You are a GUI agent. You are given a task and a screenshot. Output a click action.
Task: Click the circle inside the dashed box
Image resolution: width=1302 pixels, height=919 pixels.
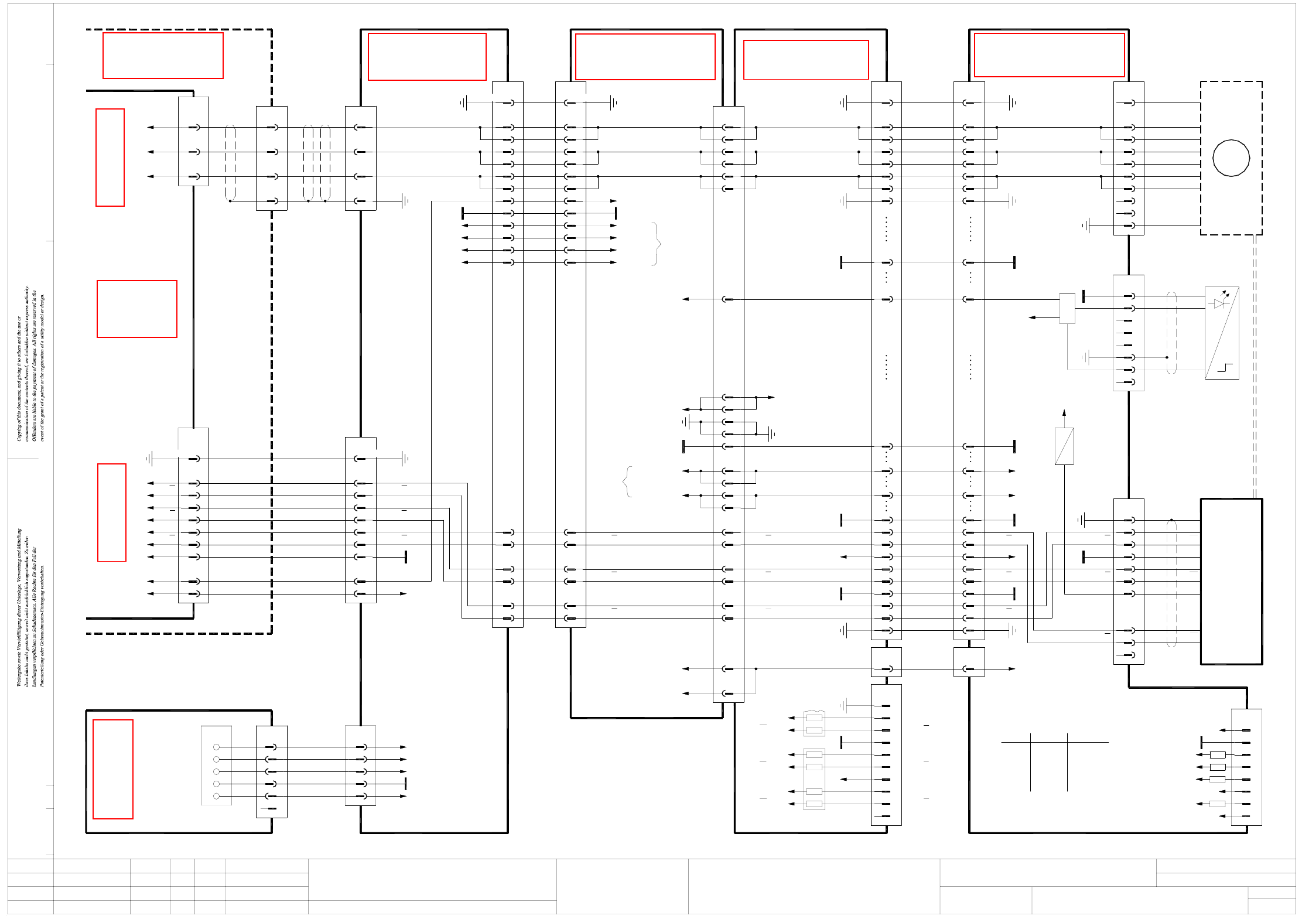pyautogui.click(x=1231, y=158)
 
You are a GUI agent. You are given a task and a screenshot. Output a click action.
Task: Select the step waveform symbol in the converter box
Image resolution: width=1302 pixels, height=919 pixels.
pyautogui.click(x=1225, y=368)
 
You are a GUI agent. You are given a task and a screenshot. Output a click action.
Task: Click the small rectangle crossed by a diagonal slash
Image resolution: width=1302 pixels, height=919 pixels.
pyautogui.click(x=1064, y=446)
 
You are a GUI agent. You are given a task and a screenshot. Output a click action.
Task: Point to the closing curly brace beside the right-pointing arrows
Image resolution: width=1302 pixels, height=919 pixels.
pyautogui.click(x=657, y=243)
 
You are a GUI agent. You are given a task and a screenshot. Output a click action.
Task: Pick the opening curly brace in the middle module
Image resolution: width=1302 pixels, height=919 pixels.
pyautogui.click(x=627, y=481)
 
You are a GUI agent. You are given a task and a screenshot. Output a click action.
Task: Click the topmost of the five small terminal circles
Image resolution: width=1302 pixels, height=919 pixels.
pyautogui.click(x=216, y=747)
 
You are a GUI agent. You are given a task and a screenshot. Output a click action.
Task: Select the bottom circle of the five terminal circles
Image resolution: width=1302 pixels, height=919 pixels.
pyautogui.click(x=216, y=796)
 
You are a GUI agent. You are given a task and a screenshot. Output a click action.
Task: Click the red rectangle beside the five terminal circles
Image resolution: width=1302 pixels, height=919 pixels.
pyautogui.click(x=113, y=768)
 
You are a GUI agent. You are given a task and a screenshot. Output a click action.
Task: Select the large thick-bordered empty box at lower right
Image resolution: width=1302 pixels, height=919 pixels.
pyautogui.click(x=1231, y=581)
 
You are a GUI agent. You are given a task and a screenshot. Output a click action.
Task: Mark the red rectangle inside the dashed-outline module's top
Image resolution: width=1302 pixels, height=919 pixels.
pyautogui.click(x=163, y=56)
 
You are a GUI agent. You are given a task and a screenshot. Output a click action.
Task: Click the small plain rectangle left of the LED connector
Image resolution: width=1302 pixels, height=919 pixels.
pyautogui.click(x=1067, y=308)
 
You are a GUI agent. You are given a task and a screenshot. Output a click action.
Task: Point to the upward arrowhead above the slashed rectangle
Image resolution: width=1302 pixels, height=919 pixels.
pyautogui.click(x=1064, y=412)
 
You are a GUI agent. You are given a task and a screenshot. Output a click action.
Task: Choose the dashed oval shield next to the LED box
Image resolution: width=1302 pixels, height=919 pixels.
pyautogui.click(x=1171, y=332)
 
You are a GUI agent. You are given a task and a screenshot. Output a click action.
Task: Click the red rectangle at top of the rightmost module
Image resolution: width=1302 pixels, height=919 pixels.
pyautogui.click(x=1049, y=55)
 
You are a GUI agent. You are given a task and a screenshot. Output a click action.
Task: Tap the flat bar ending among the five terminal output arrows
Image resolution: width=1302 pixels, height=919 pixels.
pyautogui.click(x=405, y=784)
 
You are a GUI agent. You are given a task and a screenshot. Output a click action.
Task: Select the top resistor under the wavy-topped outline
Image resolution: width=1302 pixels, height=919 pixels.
pyautogui.click(x=814, y=718)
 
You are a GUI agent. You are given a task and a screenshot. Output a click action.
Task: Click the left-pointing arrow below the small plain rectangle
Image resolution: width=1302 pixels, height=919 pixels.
pyautogui.click(x=1033, y=317)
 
